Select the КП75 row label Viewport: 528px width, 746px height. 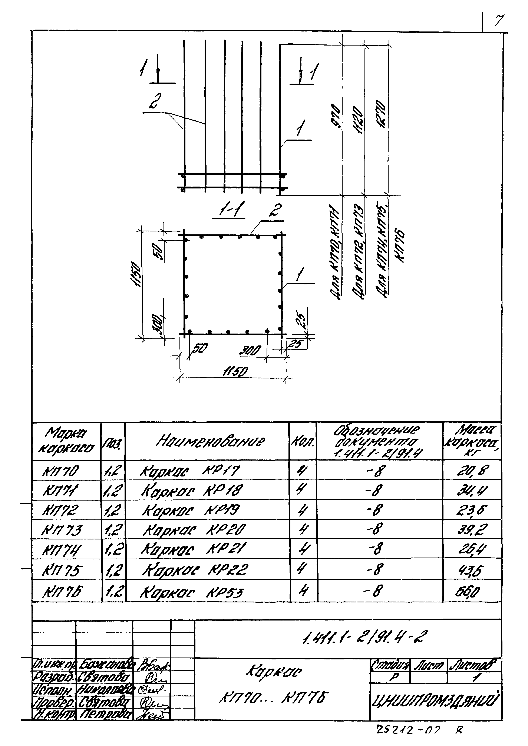(x=62, y=571)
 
